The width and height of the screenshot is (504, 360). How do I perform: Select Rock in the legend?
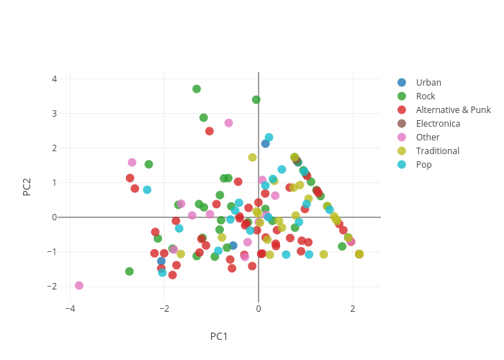point(426,96)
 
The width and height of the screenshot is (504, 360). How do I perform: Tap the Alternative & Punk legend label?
point(453,110)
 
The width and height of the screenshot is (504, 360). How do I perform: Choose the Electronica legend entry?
point(438,124)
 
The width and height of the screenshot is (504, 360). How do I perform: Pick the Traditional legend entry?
point(437,151)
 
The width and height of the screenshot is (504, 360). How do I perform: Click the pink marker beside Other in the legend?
point(402,138)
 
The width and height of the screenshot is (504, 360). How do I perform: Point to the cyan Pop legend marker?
point(402,165)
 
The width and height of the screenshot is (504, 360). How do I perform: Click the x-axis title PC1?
point(219,336)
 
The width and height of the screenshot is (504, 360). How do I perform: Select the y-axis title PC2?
point(27,186)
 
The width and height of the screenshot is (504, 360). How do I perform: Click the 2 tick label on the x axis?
point(353,309)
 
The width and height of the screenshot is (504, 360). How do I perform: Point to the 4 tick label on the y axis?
point(54,78)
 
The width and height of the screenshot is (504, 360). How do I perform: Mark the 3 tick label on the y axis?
point(54,113)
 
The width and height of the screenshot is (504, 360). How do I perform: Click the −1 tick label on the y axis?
point(52,251)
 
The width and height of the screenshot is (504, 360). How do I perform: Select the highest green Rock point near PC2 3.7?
point(197,89)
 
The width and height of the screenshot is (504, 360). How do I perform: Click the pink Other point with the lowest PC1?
point(79,286)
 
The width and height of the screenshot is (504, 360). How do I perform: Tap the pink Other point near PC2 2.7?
point(229,123)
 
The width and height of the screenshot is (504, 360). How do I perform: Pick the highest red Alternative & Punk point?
point(210,131)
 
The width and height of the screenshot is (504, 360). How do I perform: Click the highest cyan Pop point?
point(269,138)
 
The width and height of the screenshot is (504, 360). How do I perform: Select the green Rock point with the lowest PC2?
point(130,271)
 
